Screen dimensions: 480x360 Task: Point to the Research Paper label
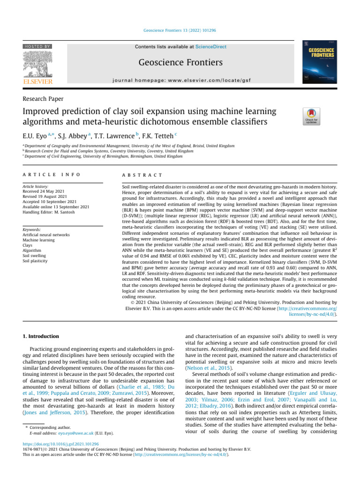coord(43,98)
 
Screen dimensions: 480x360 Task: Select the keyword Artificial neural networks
coord(46,234)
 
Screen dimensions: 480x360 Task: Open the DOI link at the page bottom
coord(62,443)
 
